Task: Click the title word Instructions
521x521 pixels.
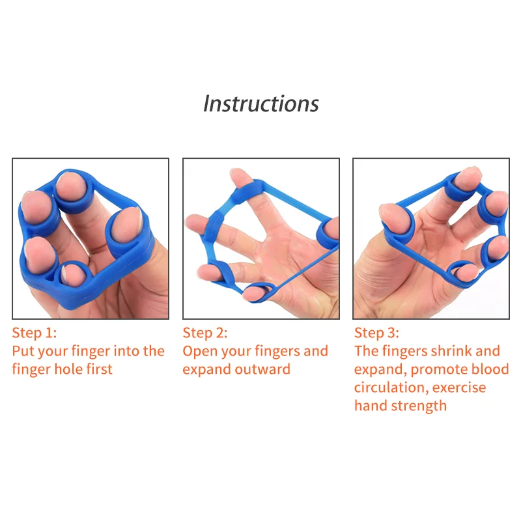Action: click(x=261, y=104)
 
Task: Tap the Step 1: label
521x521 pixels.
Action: click(x=35, y=333)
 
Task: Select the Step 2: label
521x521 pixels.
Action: click(x=205, y=333)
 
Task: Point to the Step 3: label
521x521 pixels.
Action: click(x=376, y=333)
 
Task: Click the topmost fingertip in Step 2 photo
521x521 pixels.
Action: click(x=240, y=176)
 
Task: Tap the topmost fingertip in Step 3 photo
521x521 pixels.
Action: click(x=468, y=176)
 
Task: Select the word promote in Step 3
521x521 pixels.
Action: click(x=432, y=370)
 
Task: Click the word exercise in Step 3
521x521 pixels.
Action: click(x=459, y=387)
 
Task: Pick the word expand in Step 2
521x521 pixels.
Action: click(x=203, y=370)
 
